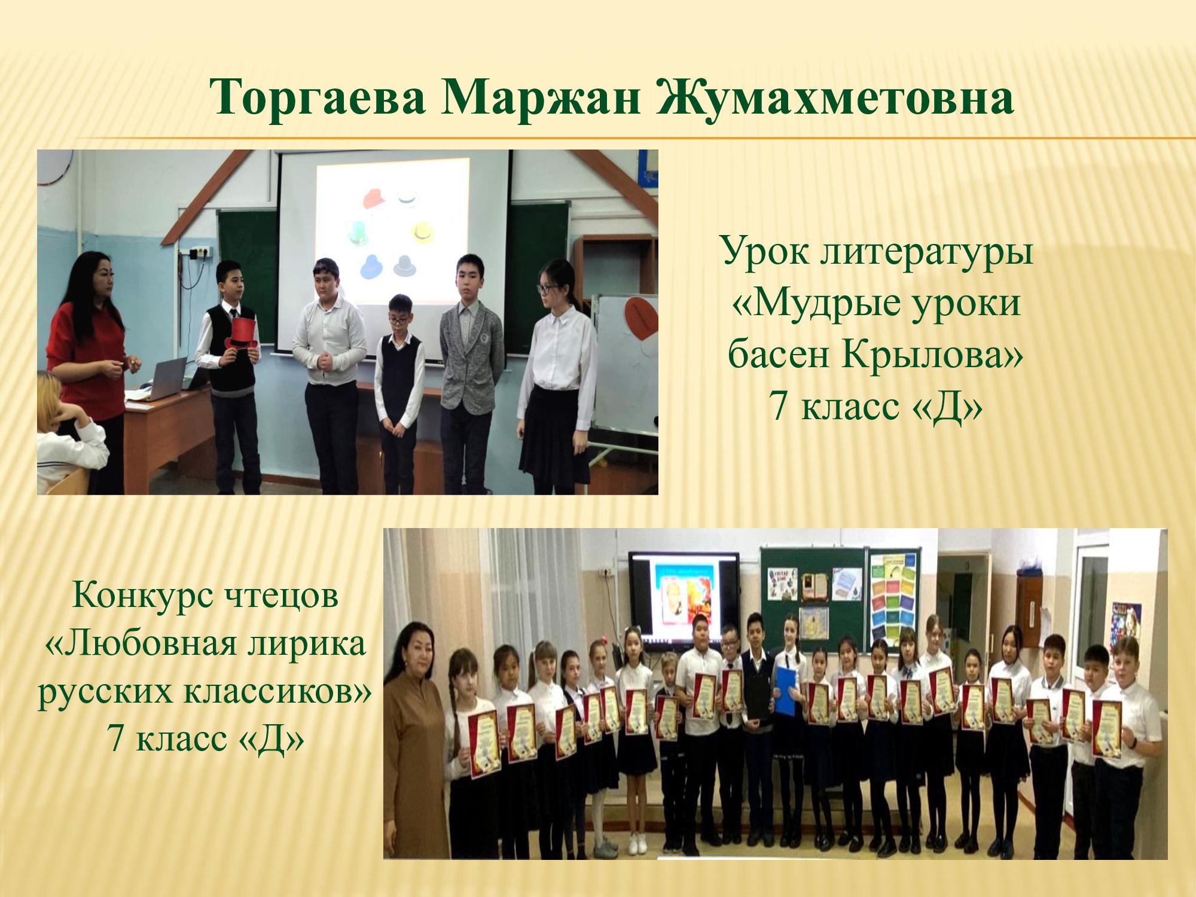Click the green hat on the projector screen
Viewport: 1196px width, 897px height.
click(x=358, y=232)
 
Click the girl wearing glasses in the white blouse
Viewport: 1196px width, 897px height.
click(x=557, y=376)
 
